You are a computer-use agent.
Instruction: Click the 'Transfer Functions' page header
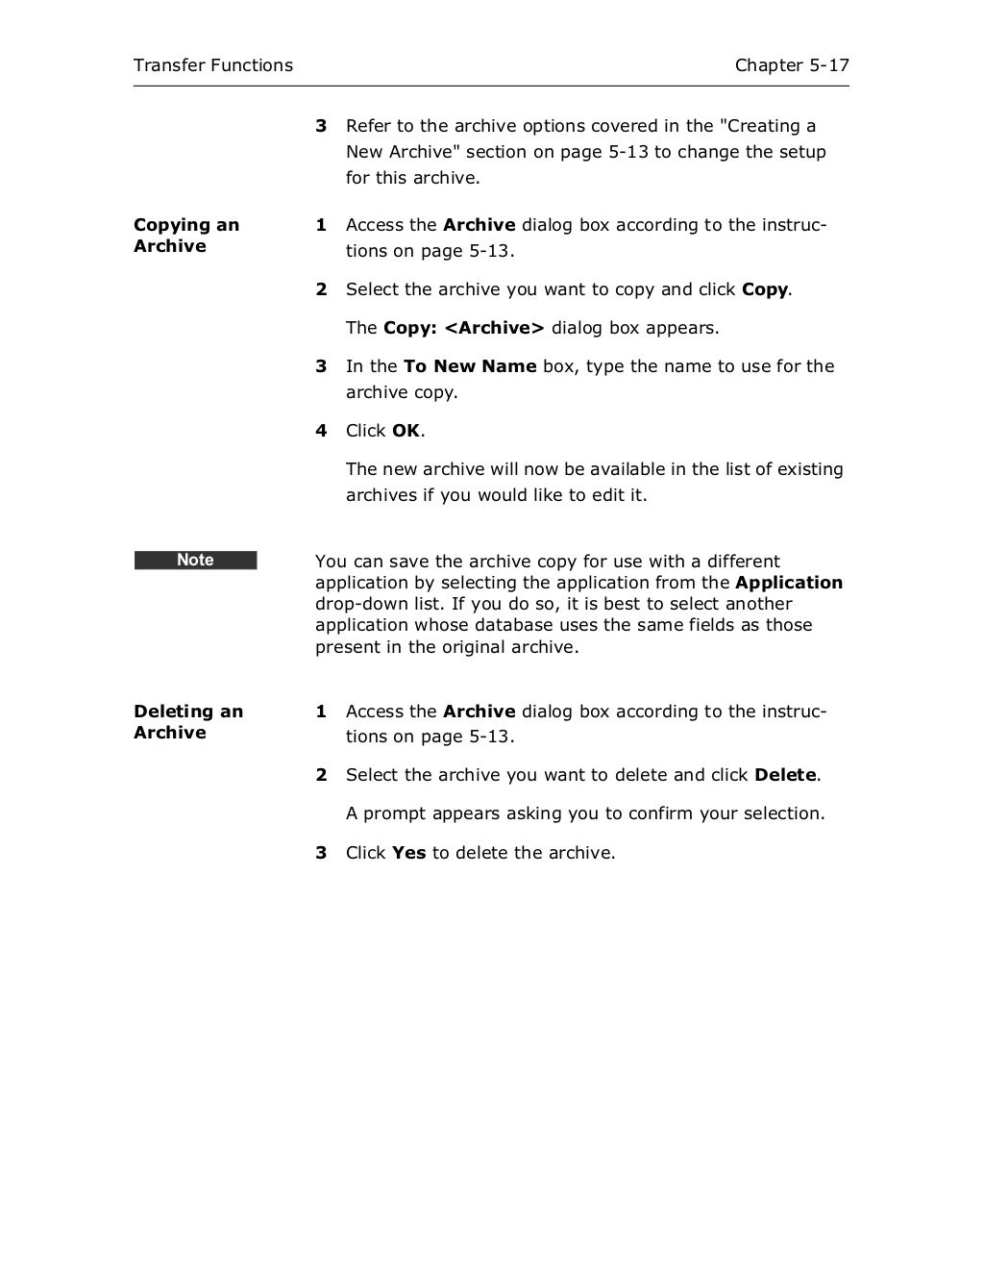pos(212,65)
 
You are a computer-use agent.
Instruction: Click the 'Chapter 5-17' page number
pos(792,65)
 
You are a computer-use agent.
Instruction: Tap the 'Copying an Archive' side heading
pos(186,236)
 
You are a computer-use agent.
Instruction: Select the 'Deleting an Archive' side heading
pos(188,722)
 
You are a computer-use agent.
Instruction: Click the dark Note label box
pos(195,560)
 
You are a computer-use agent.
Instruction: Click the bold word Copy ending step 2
pos(765,289)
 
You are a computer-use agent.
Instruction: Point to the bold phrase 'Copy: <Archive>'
pos(463,328)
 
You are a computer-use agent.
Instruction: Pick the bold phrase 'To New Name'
pos(470,366)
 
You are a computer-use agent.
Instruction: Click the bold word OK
pos(406,431)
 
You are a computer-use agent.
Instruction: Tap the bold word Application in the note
pos(788,583)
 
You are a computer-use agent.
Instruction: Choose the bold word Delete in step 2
pos(785,775)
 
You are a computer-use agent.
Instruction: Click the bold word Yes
pos(408,853)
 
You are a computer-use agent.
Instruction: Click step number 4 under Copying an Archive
pos(321,431)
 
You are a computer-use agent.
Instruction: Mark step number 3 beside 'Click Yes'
pos(321,853)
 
